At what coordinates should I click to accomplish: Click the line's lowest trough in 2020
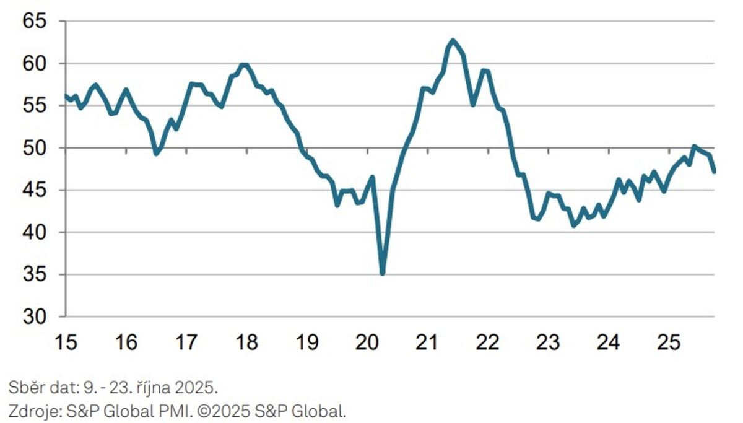pyautogui.click(x=382, y=273)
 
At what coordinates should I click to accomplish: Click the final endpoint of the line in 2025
pyautogui.click(x=714, y=172)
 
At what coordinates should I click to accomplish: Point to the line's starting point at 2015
pyautogui.click(x=65, y=95)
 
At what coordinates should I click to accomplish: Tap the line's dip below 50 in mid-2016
pyautogui.click(x=156, y=153)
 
